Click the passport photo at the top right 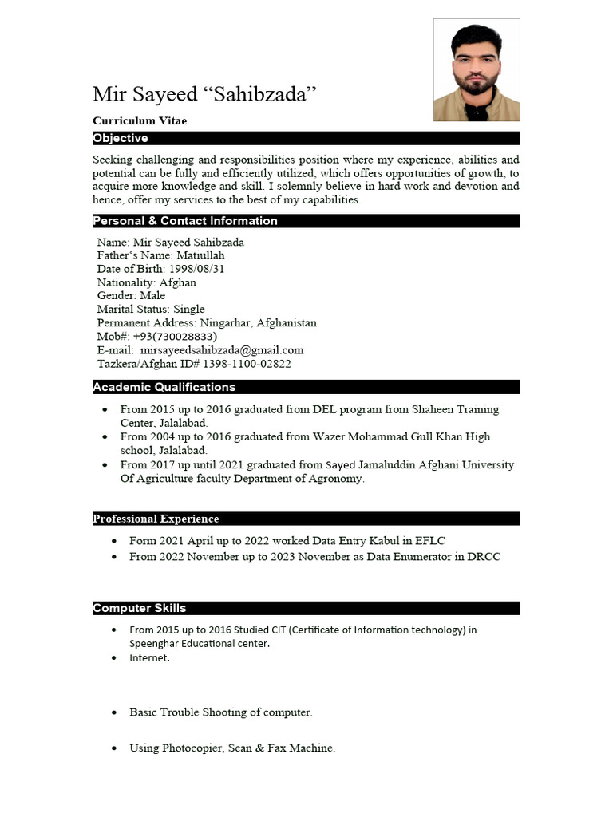(x=477, y=70)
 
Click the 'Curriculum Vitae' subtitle (x=140, y=120)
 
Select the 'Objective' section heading (x=121, y=138)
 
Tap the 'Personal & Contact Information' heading (x=185, y=221)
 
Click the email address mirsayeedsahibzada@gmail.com (x=222, y=350)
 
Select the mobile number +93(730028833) (x=175, y=337)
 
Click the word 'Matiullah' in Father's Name (x=200, y=255)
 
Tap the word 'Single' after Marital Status (x=189, y=309)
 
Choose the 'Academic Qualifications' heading (x=164, y=387)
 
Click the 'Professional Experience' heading (x=156, y=519)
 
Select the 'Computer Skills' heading (x=140, y=608)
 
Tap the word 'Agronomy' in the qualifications (x=338, y=479)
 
